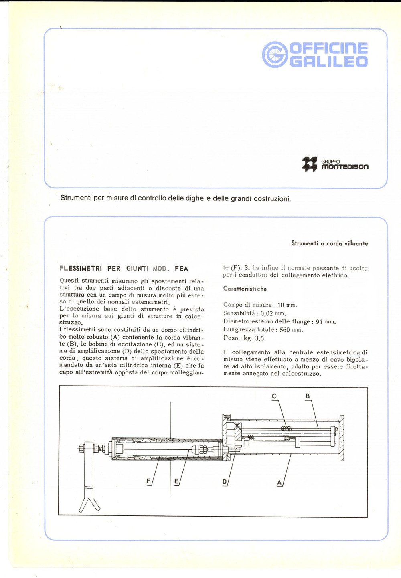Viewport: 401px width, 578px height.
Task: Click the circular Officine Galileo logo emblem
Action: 275,55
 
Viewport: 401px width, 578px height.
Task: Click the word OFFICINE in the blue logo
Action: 328,49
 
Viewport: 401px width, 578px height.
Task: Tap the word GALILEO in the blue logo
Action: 328,62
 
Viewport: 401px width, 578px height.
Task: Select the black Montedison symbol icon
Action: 309,164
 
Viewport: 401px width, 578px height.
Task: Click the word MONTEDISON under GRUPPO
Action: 345,167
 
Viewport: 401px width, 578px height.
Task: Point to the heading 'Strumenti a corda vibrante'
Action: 329,243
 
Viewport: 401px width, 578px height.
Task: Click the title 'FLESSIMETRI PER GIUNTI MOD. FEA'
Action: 124,269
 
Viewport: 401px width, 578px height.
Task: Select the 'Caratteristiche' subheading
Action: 245,289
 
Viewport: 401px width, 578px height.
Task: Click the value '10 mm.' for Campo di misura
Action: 287,305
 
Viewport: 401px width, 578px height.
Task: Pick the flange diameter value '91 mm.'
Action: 326,322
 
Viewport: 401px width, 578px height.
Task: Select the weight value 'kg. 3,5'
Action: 254,338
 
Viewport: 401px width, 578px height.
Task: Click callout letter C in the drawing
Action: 274,396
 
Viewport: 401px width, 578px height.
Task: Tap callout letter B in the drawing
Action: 308,396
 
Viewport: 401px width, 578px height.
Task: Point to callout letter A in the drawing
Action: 279,482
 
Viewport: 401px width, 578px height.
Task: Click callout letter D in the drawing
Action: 225,482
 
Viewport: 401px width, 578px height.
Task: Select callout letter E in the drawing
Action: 176,481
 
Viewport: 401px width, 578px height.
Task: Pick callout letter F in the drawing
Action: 149,481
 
